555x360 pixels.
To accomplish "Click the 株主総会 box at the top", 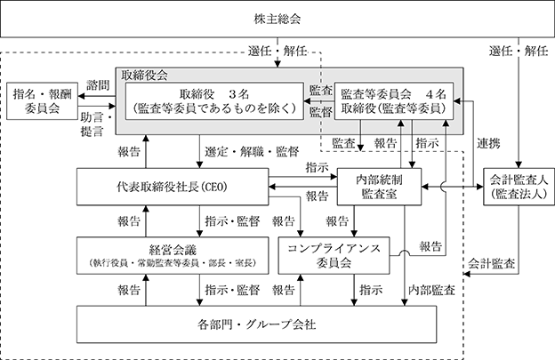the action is (x=277, y=19).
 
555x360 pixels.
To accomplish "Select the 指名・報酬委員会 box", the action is (x=42, y=100).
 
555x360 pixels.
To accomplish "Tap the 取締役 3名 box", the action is (x=214, y=101).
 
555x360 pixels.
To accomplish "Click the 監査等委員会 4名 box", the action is (x=394, y=101).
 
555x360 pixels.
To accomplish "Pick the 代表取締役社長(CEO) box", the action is (x=173, y=187).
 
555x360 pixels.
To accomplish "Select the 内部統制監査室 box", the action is (x=379, y=187).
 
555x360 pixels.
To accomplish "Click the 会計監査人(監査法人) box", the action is (x=519, y=187).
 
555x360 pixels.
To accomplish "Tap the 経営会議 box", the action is (x=173, y=256).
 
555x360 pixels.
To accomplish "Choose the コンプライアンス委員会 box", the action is (x=334, y=256).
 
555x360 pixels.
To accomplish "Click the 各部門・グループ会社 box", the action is (x=257, y=324).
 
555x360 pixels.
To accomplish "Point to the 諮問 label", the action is (x=98, y=85).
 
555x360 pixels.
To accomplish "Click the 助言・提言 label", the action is (x=96, y=124).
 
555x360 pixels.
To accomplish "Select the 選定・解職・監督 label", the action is (x=252, y=152).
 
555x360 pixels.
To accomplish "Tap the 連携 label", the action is (x=488, y=143).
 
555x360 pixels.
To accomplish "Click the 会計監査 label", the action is (x=491, y=263).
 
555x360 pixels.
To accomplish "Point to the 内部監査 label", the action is (x=431, y=290).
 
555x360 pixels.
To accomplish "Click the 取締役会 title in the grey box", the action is (x=144, y=75).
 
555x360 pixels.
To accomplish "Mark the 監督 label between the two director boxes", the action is (x=321, y=112).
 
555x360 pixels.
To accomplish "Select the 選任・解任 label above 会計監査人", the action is (x=519, y=51).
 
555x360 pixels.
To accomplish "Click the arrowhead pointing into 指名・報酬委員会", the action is (x=81, y=96).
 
